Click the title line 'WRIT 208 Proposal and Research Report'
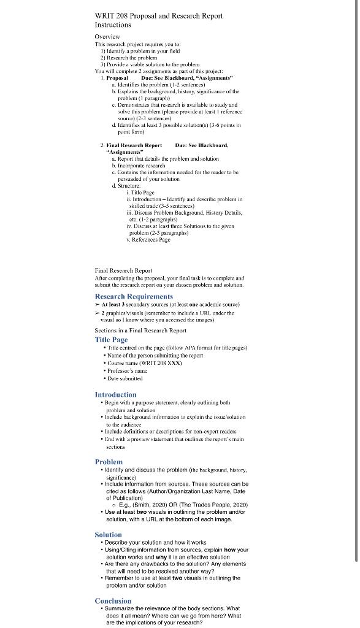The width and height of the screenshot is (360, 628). [x=158, y=15]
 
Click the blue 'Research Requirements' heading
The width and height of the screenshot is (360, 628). [x=134, y=296]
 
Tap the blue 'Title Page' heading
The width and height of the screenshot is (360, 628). [x=111, y=339]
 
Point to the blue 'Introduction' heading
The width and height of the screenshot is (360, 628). [x=115, y=394]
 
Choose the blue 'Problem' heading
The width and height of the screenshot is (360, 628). [x=109, y=461]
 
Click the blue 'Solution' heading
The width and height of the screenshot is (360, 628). [x=108, y=535]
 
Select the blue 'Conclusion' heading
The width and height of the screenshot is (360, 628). [x=113, y=600]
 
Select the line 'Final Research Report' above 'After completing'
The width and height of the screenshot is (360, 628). [x=123, y=270]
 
